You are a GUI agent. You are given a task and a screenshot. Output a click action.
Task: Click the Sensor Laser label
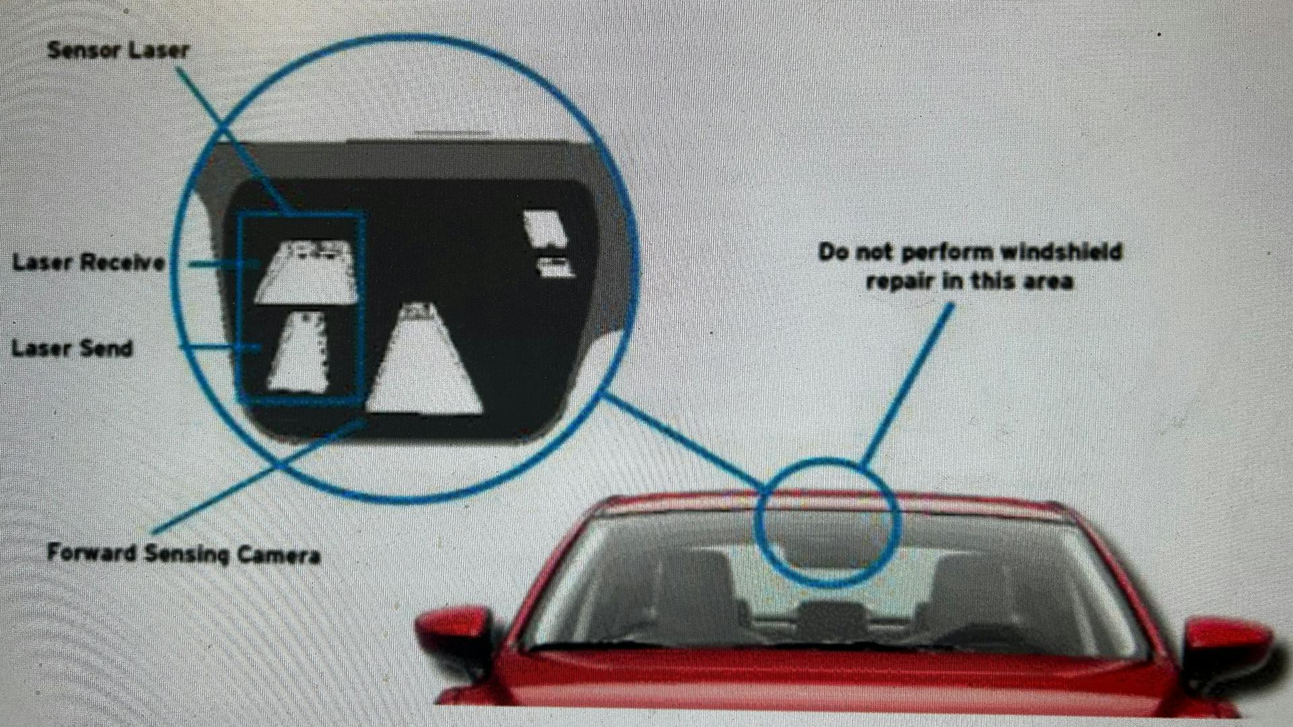pyautogui.click(x=118, y=51)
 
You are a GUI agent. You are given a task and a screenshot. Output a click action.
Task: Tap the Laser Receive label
pyautogui.click(x=88, y=262)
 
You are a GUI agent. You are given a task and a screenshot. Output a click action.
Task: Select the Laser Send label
pyautogui.click(x=72, y=348)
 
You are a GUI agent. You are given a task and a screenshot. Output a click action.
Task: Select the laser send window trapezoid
pyautogui.click(x=299, y=353)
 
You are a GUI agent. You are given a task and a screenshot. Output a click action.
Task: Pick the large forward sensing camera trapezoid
pyautogui.click(x=424, y=364)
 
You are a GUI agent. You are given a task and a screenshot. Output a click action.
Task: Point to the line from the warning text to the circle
pyautogui.click(x=909, y=384)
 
